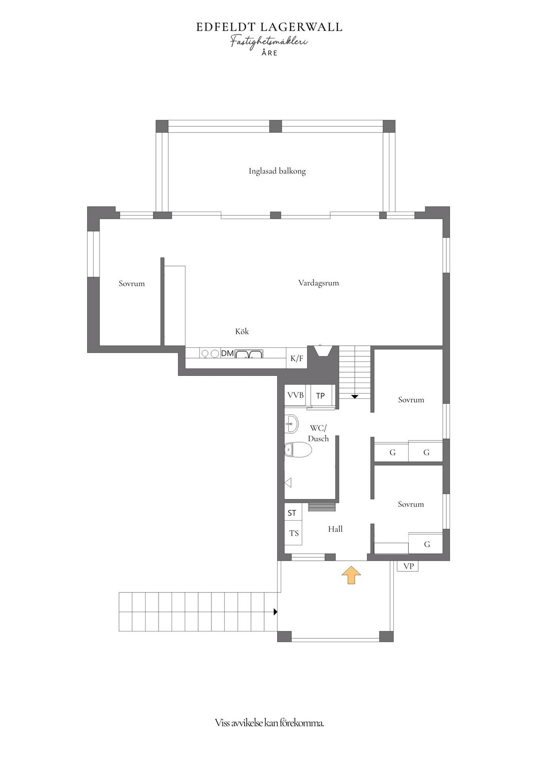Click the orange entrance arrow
(351, 575)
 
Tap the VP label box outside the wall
(408, 566)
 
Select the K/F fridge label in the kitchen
(297, 358)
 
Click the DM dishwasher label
(227, 353)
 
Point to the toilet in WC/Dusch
(298, 450)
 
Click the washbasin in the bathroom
(291, 424)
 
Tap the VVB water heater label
(296, 395)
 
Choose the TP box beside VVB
(320, 395)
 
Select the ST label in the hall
(292, 513)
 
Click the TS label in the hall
(294, 533)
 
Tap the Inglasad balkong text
(277, 171)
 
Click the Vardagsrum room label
(318, 283)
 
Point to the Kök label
(242, 331)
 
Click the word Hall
(335, 529)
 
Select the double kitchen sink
(249, 354)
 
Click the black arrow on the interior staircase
(354, 396)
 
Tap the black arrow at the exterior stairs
(275, 612)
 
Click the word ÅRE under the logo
(269, 53)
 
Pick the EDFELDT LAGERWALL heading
(269, 27)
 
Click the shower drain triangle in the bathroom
(288, 483)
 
